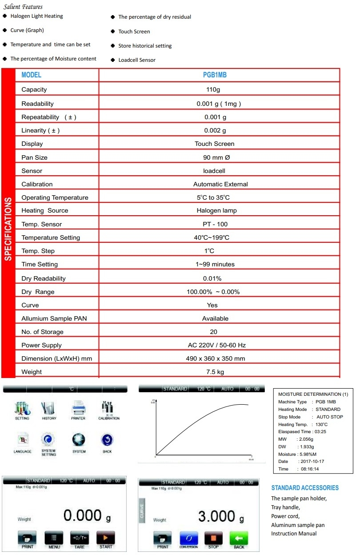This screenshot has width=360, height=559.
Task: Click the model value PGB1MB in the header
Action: point(215,75)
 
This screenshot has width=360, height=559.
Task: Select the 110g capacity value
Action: point(214,89)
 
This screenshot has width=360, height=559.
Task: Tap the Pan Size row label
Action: point(34,157)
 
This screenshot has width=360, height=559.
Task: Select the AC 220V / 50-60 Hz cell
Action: point(216,345)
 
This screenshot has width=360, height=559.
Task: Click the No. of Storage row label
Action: point(42,332)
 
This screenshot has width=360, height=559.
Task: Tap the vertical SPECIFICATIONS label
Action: point(8,229)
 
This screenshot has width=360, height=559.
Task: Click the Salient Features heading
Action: point(23,7)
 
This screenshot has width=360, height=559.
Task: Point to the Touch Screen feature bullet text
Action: point(134,32)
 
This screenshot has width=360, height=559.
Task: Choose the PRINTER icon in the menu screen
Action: point(78,408)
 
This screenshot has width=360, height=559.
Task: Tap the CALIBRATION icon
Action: point(108,408)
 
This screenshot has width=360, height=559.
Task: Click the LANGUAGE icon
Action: point(22,441)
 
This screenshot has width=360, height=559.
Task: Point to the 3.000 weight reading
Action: point(217,517)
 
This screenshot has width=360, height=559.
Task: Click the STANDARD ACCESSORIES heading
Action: point(305,488)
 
